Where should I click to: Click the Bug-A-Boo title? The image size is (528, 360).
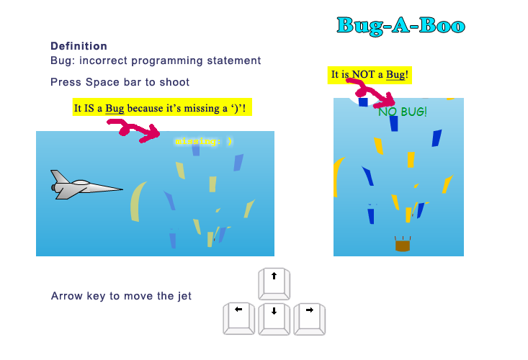pyautogui.click(x=401, y=26)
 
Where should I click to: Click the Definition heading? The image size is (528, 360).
pyautogui.click(x=79, y=46)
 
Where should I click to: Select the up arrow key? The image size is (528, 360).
pyautogui.click(x=274, y=284)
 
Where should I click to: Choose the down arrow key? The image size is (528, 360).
pyautogui.click(x=274, y=319)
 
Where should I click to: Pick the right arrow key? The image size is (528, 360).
pyautogui.click(x=310, y=319)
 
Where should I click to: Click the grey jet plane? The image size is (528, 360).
pyautogui.click(x=86, y=185)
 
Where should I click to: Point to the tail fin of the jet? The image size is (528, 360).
pyautogui.click(x=60, y=176)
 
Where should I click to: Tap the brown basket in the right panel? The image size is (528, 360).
pyautogui.click(x=403, y=244)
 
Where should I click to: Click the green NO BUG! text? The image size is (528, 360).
pyautogui.click(x=403, y=112)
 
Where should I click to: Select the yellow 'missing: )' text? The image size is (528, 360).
pyautogui.click(x=203, y=141)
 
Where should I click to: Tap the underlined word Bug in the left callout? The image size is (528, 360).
pyautogui.click(x=115, y=108)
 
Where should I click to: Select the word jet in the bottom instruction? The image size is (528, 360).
pyautogui.click(x=184, y=296)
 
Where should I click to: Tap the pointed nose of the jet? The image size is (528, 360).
pyautogui.click(x=122, y=189)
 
